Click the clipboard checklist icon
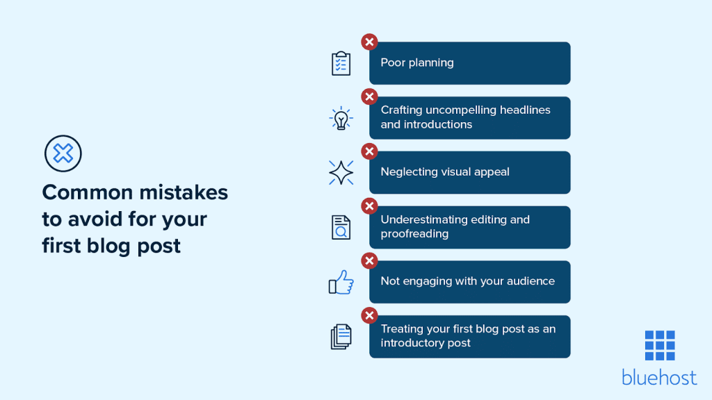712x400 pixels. [x=341, y=63]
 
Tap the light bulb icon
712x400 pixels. [x=341, y=118]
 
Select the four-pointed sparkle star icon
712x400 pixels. [x=341, y=172]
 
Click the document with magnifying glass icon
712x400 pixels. [x=341, y=227]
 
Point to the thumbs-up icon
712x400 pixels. [x=341, y=282]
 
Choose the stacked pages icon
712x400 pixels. [x=341, y=337]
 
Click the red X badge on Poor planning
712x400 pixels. [x=369, y=42]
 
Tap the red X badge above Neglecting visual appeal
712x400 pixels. [x=369, y=151]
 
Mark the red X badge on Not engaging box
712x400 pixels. [x=369, y=261]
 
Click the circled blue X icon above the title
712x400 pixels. [x=63, y=153]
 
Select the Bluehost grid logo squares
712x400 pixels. [x=659, y=345]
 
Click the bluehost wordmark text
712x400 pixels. [x=659, y=377]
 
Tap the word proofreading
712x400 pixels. [x=414, y=234]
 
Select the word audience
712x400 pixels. [x=531, y=281]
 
